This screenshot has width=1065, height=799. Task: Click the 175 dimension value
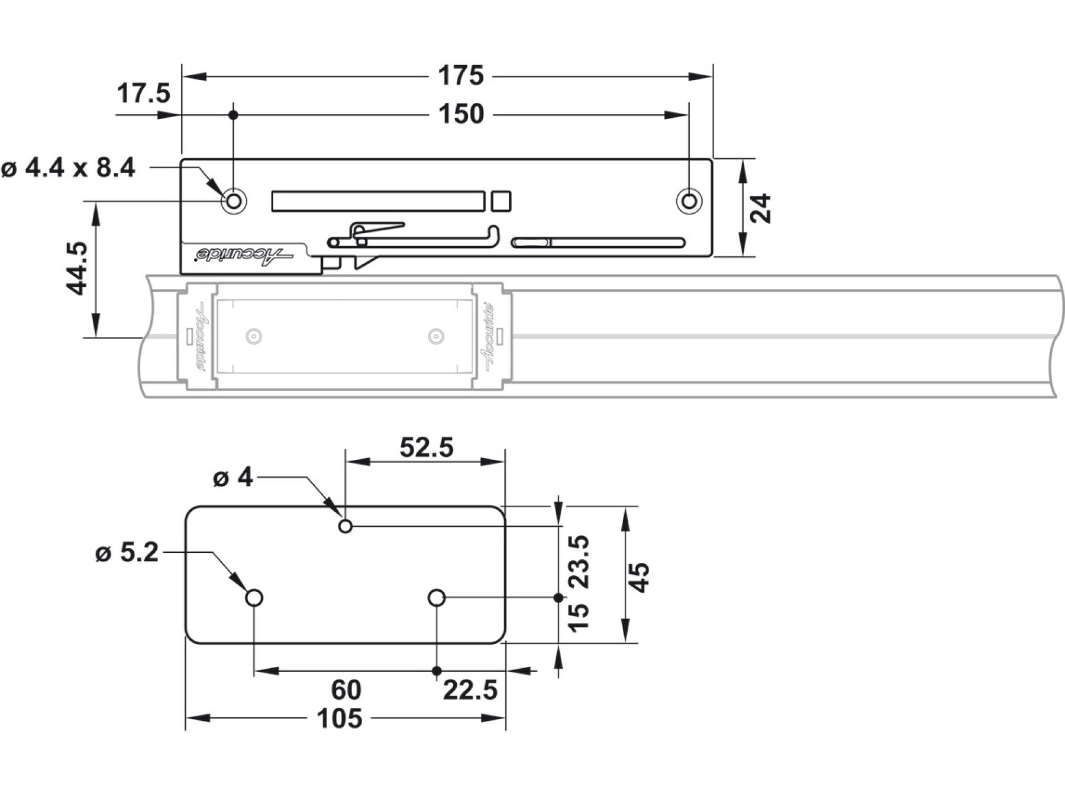tap(460, 76)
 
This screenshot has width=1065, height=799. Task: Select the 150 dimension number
tap(461, 114)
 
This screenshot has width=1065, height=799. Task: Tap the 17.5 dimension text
tap(143, 94)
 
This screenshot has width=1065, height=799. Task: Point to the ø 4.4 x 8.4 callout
tap(68, 168)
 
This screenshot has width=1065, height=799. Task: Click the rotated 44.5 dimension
tap(77, 268)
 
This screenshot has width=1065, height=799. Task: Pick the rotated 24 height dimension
tap(761, 208)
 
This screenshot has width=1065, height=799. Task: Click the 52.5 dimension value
tap(426, 447)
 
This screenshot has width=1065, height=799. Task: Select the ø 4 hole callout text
tap(233, 477)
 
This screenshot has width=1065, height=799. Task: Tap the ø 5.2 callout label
tap(127, 553)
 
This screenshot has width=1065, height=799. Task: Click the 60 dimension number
tap(346, 690)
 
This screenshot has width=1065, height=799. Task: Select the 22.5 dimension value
tap(470, 690)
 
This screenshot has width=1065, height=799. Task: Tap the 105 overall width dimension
tap(339, 719)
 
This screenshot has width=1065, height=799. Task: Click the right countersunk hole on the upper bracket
tap(689, 201)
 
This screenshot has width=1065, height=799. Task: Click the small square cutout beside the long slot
tap(501, 201)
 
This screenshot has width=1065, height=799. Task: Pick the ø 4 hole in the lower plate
tap(346, 526)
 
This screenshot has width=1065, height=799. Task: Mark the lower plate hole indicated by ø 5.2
tap(254, 598)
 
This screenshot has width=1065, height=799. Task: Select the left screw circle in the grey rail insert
tap(254, 336)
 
